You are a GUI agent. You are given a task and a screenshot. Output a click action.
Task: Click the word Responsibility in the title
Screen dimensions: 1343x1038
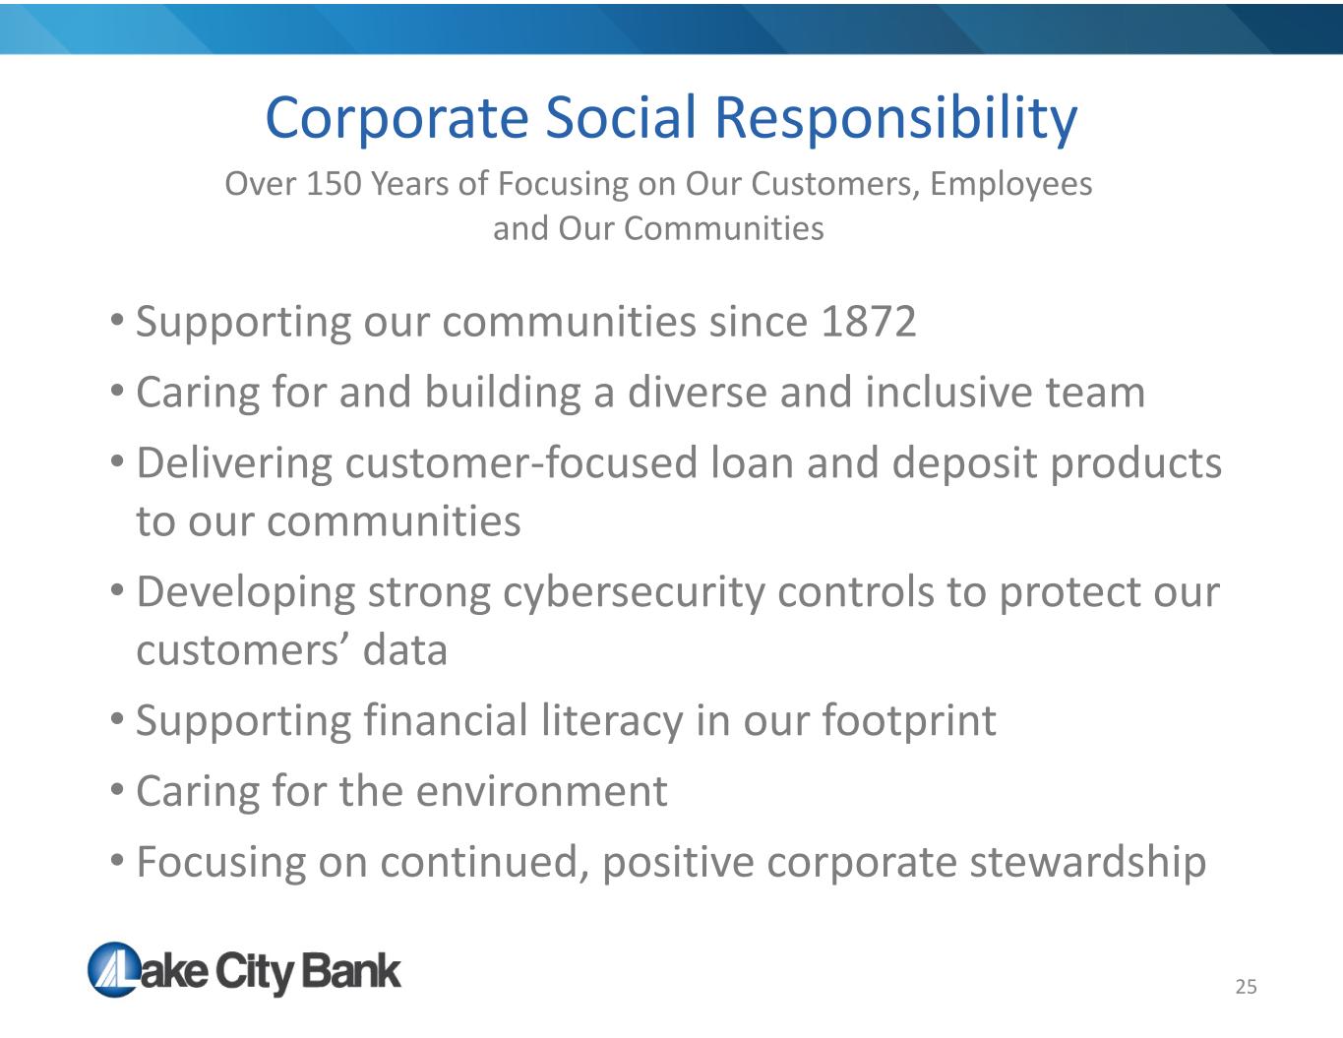tap(896, 119)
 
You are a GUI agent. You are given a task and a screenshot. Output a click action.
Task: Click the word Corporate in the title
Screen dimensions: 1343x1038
tap(397, 119)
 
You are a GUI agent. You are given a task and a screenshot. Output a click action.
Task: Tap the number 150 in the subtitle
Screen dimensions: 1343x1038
tap(334, 184)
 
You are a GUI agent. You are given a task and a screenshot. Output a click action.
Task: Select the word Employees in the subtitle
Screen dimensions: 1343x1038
tap(1011, 185)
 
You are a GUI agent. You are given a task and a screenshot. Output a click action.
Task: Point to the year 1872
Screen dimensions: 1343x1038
tap(869, 322)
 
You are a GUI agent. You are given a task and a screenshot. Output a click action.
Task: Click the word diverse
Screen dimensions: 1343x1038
tap(698, 392)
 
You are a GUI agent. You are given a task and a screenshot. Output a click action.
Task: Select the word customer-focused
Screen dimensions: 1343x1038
tap(521, 462)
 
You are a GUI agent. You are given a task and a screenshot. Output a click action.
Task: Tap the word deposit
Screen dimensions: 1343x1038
tap(964, 464)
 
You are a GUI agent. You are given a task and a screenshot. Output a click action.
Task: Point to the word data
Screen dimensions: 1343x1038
tap(404, 650)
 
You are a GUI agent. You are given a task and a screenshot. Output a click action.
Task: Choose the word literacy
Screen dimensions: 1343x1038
tap(612, 721)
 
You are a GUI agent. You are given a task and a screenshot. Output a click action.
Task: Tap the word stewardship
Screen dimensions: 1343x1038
tap(1088, 863)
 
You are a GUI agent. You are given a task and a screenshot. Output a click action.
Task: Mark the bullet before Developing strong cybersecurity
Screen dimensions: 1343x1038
tap(117, 588)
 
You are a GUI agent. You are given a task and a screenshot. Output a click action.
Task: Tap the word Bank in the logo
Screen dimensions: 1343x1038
tap(351, 971)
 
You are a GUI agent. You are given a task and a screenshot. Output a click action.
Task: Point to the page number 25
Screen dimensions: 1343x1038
tap(1246, 987)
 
